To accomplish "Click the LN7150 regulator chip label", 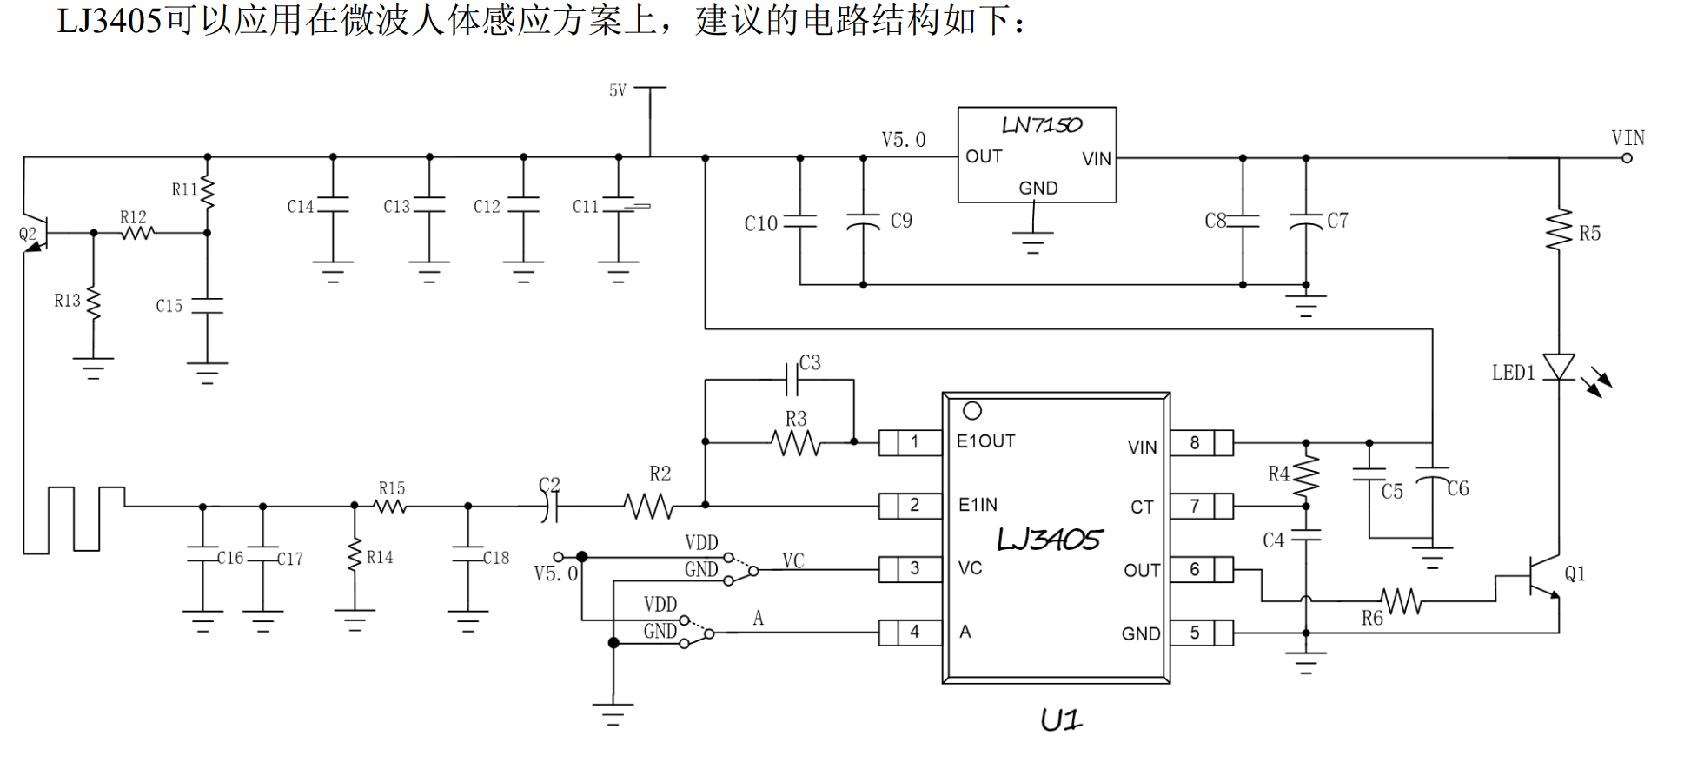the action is [1042, 125].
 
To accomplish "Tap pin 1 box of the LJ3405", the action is [911, 442].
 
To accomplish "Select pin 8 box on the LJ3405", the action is [1202, 442].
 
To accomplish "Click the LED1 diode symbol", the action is [1559, 367].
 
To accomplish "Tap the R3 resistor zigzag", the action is [796, 443].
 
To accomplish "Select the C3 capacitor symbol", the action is [792, 380].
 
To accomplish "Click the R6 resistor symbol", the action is [1401, 600].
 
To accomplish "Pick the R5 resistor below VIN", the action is [1559, 229].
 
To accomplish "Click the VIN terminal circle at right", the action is [1627, 158].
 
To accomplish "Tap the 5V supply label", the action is [617, 90].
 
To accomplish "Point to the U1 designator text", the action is [1061, 719].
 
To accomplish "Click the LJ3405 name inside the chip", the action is [1049, 540].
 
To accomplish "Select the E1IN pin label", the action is [978, 505].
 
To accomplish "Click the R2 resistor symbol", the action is [648, 506].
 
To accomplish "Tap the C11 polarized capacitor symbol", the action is [619, 205].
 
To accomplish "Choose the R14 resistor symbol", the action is [355, 555].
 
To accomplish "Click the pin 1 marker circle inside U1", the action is [972, 410].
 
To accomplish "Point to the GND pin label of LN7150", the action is [1038, 188].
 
